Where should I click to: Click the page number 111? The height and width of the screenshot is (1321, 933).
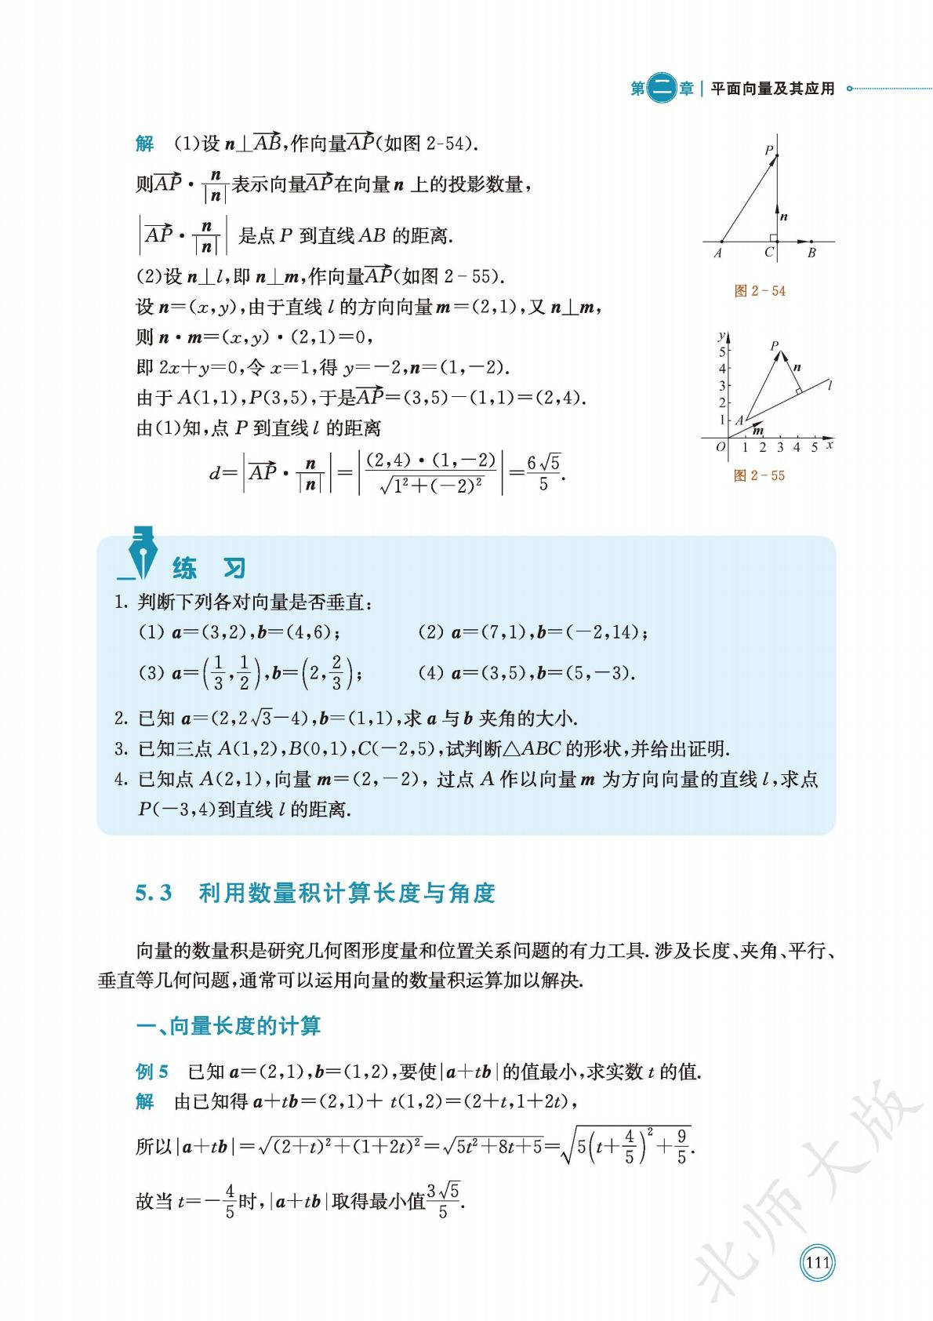[x=817, y=1263]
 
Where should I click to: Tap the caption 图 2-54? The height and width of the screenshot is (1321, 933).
[x=759, y=291]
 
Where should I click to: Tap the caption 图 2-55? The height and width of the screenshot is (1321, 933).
[x=759, y=475]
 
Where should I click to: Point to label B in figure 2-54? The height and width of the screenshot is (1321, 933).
[x=811, y=253]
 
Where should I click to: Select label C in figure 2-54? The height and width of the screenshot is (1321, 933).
[x=769, y=253]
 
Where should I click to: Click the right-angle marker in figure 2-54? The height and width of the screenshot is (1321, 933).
[x=772, y=237]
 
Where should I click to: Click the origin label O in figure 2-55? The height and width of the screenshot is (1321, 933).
[x=721, y=447]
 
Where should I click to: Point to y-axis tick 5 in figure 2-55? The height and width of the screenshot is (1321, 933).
[x=722, y=351]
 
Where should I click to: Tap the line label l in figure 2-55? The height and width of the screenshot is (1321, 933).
[x=829, y=384]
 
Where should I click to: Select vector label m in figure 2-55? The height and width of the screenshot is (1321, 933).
[x=757, y=430]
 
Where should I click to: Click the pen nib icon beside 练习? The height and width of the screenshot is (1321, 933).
[x=142, y=553]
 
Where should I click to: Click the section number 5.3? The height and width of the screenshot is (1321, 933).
[x=154, y=893]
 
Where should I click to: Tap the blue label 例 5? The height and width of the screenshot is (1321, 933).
[x=152, y=1072]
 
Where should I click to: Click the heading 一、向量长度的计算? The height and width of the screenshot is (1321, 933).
[x=228, y=1026]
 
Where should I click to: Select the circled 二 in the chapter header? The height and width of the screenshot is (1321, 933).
[x=663, y=89]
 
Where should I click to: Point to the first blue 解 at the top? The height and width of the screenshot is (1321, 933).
[x=145, y=144]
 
